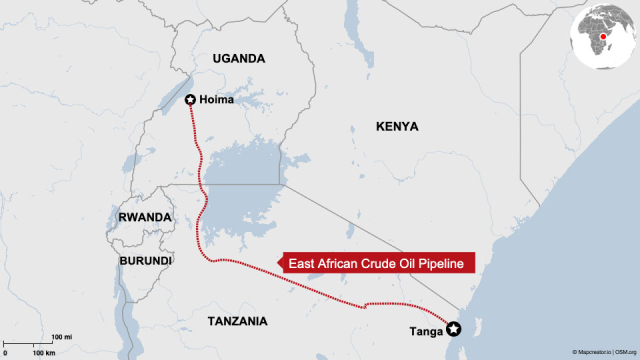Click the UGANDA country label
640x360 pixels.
(x=239, y=59)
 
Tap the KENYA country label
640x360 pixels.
(x=397, y=127)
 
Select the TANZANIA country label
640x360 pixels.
(x=237, y=321)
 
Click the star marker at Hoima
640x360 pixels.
(x=191, y=99)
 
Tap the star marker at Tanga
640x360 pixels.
(x=453, y=328)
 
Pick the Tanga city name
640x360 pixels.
(x=425, y=330)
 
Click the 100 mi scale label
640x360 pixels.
(x=61, y=337)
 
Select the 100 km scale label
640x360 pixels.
(x=43, y=353)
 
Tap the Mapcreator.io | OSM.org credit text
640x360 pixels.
(x=604, y=353)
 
